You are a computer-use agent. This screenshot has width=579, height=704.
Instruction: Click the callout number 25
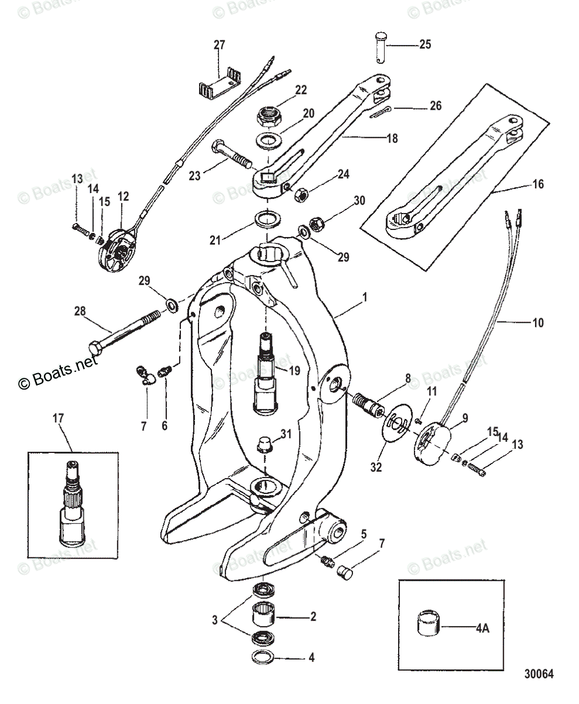[424, 45]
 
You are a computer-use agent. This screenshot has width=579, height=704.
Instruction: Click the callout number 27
[219, 45]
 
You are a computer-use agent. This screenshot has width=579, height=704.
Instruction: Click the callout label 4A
[482, 628]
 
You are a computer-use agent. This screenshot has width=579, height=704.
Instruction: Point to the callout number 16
[537, 184]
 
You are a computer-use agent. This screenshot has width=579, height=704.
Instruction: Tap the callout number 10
[537, 322]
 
